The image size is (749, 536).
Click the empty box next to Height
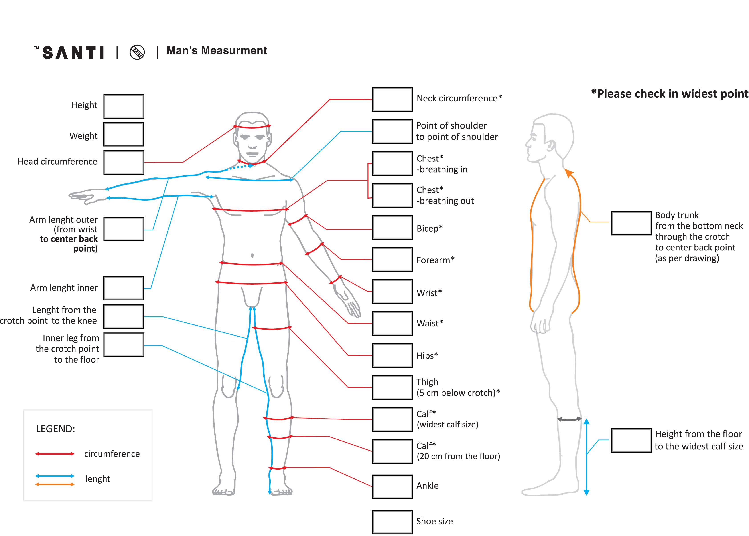click(x=124, y=106)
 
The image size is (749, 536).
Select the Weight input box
click(x=124, y=134)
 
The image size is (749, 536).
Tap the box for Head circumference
click(x=124, y=162)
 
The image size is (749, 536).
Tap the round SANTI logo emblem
click(x=137, y=52)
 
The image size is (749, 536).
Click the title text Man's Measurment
click(x=216, y=50)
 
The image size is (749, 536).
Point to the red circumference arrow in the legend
click(x=55, y=454)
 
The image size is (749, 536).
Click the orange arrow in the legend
click(x=55, y=484)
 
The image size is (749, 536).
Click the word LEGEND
click(x=55, y=429)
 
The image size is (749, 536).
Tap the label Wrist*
click(x=429, y=293)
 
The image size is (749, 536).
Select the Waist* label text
click(x=430, y=323)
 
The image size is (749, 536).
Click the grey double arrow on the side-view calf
click(x=569, y=419)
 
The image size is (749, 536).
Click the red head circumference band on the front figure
click(x=252, y=127)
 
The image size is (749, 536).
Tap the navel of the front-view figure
click(x=252, y=255)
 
